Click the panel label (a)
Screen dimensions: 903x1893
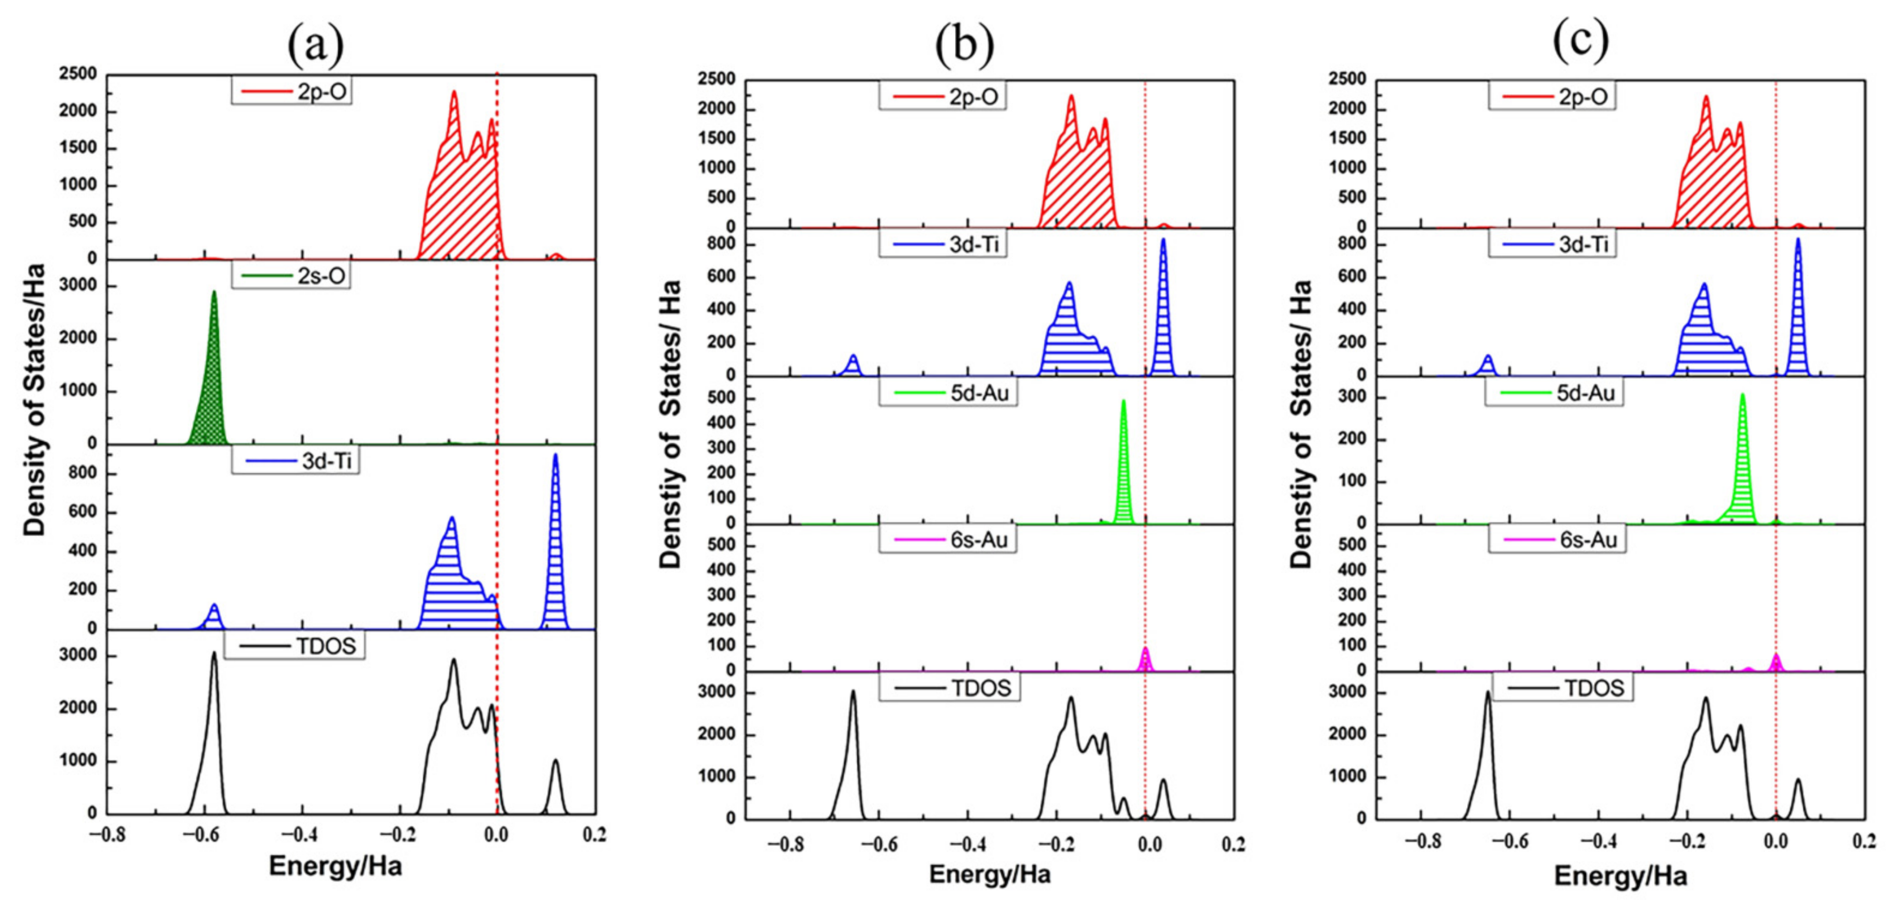pos(315,46)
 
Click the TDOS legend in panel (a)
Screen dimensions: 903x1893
pos(294,646)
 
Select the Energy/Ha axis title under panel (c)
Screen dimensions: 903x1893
pos(1620,876)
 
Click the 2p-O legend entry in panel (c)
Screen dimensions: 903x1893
pos(1552,96)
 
